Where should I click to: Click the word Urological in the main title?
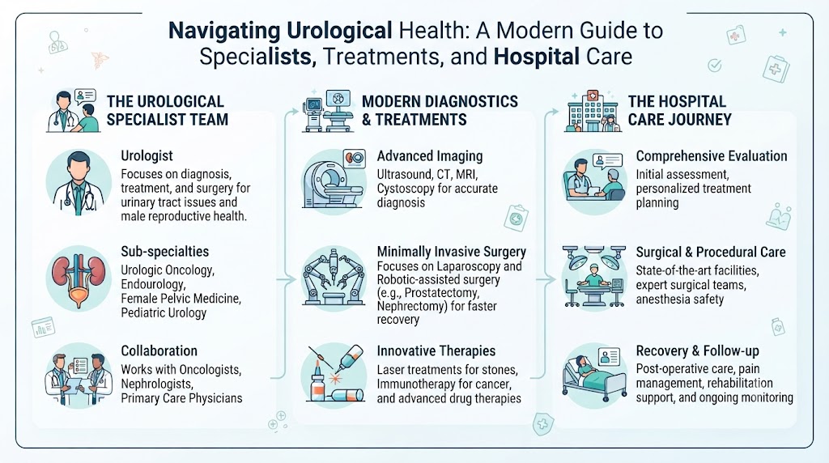[x=339, y=31]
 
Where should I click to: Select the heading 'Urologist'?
[x=147, y=156]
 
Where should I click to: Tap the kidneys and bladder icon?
[x=79, y=278]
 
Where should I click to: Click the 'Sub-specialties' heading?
[x=165, y=252]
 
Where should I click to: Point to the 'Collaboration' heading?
[x=159, y=351]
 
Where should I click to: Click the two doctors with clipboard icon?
[x=79, y=376]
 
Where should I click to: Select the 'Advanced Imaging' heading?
[x=430, y=156]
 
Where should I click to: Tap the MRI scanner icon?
[x=334, y=181]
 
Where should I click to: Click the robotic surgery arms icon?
[x=334, y=278]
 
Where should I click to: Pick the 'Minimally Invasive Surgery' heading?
[x=452, y=252]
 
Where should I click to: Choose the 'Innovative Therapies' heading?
[x=436, y=351]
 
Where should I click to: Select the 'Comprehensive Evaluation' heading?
[x=712, y=156]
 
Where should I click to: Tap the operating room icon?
[x=594, y=278]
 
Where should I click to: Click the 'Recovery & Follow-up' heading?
[x=697, y=351]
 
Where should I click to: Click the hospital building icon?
[x=592, y=110]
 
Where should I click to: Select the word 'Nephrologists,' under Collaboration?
[x=157, y=384]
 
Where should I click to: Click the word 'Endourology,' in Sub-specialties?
[x=153, y=284]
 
